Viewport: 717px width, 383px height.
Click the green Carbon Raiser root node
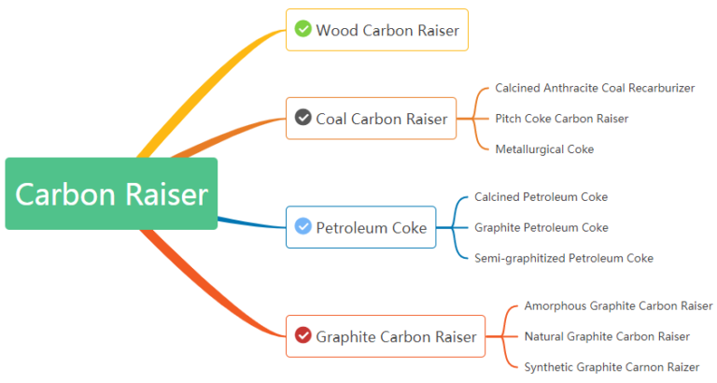coord(111,193)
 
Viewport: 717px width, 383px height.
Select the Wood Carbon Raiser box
coord(376,30)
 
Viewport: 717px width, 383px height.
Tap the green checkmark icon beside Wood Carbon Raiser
coord(302,29)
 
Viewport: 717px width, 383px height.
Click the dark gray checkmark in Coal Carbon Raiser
coord(302,118)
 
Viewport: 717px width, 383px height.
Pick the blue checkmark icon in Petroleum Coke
coord(302,227)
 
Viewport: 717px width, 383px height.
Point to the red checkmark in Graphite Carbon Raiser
coord(302,335)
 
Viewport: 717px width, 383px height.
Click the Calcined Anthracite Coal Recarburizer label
coord(594,88)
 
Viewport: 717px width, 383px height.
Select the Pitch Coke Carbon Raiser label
coord(561,119)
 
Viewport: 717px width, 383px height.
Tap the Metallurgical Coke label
coord(543,149)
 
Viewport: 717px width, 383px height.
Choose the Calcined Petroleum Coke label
coord(541,197)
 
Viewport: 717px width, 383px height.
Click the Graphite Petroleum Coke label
coord(541,228)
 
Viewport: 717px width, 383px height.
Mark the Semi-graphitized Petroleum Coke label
coord(563,258)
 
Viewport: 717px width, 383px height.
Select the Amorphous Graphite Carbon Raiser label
coord(617,306)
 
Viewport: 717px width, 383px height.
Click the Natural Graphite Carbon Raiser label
coord(606,336)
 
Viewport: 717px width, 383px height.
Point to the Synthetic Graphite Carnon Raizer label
coord(611,367)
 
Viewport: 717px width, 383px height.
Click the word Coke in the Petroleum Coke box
coord(408,228)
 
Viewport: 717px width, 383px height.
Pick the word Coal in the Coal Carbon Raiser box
coord(331,119)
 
